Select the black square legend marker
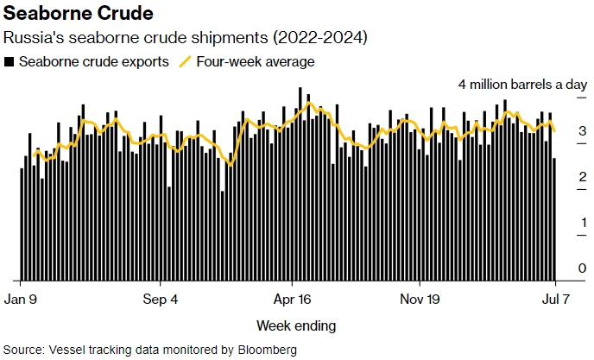pyautogui.click(x=9, y=62)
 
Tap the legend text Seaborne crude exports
pyautogui.click(x=93, y=62)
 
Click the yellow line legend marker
pyautogui.click(x=185, y=62)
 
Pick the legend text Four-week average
pyautogui.click(x=256, y=62)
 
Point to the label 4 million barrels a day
pyautogui.click(x=522, y=85)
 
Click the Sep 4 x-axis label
pyautogui.click(x=160, y=300)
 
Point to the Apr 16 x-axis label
pyautogui.click(x=292, y=300)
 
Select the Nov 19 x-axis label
pyautogui.click(x=420, y=300)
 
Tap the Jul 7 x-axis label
pyautogui.click(x=555, y=300)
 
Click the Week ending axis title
pyautogui.click(x=296, y=326)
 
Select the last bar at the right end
pyautogui.click(x=554, y=219)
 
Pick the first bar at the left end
pyautogui.click(x=21, y=224)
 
